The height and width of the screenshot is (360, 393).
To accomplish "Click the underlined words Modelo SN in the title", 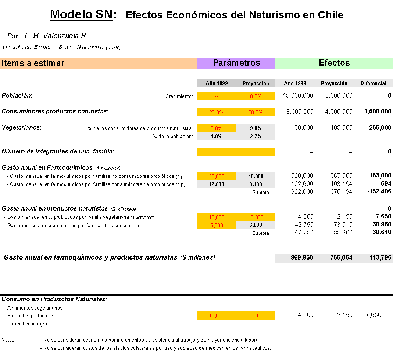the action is (x=82, y=14).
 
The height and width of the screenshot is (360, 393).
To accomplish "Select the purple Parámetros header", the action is (x=236, y=63).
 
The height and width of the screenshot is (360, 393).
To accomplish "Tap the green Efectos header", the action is (x=334, y=63).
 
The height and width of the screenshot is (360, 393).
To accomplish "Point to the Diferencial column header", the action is (x=373, y=83).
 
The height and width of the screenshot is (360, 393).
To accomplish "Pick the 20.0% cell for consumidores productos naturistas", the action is (x=216, y=112).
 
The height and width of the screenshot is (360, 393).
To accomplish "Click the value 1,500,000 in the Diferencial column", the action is (x=378, y=112).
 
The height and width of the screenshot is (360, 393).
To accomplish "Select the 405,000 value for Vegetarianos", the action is (x=341, y=127).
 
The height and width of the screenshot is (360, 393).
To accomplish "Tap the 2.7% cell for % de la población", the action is (x=256, y=136).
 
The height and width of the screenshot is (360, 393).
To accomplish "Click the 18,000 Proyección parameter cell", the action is (x=256, y=176).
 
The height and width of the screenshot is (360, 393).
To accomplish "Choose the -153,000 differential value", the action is (x=379, y=175).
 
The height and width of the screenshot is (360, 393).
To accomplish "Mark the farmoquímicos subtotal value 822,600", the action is (x=302, y=192).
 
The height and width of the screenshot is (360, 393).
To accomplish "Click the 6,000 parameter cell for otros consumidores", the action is (x=256, y=225).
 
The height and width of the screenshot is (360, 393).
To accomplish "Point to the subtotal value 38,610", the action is (x=382, y=232).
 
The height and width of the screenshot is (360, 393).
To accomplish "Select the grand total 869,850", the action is (x=302, y=257).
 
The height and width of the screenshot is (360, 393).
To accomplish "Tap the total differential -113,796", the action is (x=379, y=257).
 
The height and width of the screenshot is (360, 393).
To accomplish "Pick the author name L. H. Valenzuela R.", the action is (x=56, y=36).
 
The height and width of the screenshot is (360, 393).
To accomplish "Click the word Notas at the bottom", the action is (x=8, y=340).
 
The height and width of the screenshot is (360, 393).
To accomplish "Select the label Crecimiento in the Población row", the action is (x=179, y=96).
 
